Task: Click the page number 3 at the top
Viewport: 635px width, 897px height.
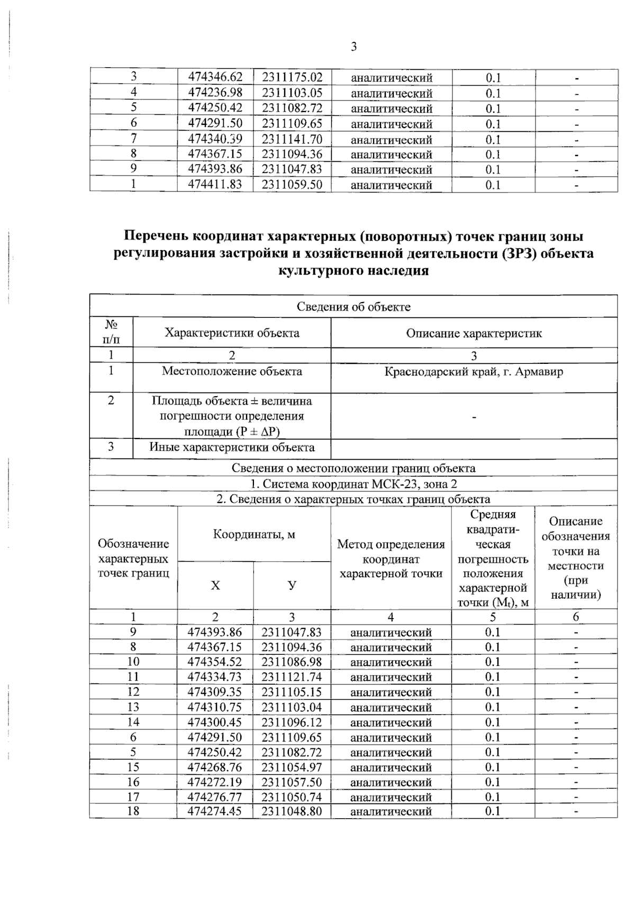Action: (x=353, y=47)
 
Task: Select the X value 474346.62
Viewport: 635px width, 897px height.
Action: (x=215, y=78)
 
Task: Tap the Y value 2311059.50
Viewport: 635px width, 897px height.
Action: (x=292, y=185)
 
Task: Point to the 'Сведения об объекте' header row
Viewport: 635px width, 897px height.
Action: (x=353, y=307)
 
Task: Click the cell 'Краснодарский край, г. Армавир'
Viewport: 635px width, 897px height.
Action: (x=474, y=371)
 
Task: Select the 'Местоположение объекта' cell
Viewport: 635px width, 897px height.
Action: (x=232, y=371)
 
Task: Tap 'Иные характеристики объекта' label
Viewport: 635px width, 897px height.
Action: (x=232, y=447)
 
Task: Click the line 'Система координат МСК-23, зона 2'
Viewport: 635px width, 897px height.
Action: (x=353, y=484)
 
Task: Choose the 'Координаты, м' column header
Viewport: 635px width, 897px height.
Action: (x=254, y=534)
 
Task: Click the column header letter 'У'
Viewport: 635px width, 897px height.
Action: (x=292, y=585)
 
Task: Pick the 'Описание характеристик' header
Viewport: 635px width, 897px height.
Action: (x=474, y=333)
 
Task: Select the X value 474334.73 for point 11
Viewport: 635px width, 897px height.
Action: (x=215, y=677)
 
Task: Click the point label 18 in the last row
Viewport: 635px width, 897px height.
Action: (x=133, y=811)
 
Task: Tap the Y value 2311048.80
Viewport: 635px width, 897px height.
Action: (x=292, y=811)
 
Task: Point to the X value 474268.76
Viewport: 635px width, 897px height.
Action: (x=215, y=767)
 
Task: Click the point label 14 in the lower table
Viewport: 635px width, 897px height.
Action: (x=133, y=722)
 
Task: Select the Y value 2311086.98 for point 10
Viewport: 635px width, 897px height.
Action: (x=292, y=662)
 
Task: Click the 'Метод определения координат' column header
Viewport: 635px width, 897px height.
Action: (x=391, y=559)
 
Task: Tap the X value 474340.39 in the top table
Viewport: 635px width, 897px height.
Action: (x=215, y=139)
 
